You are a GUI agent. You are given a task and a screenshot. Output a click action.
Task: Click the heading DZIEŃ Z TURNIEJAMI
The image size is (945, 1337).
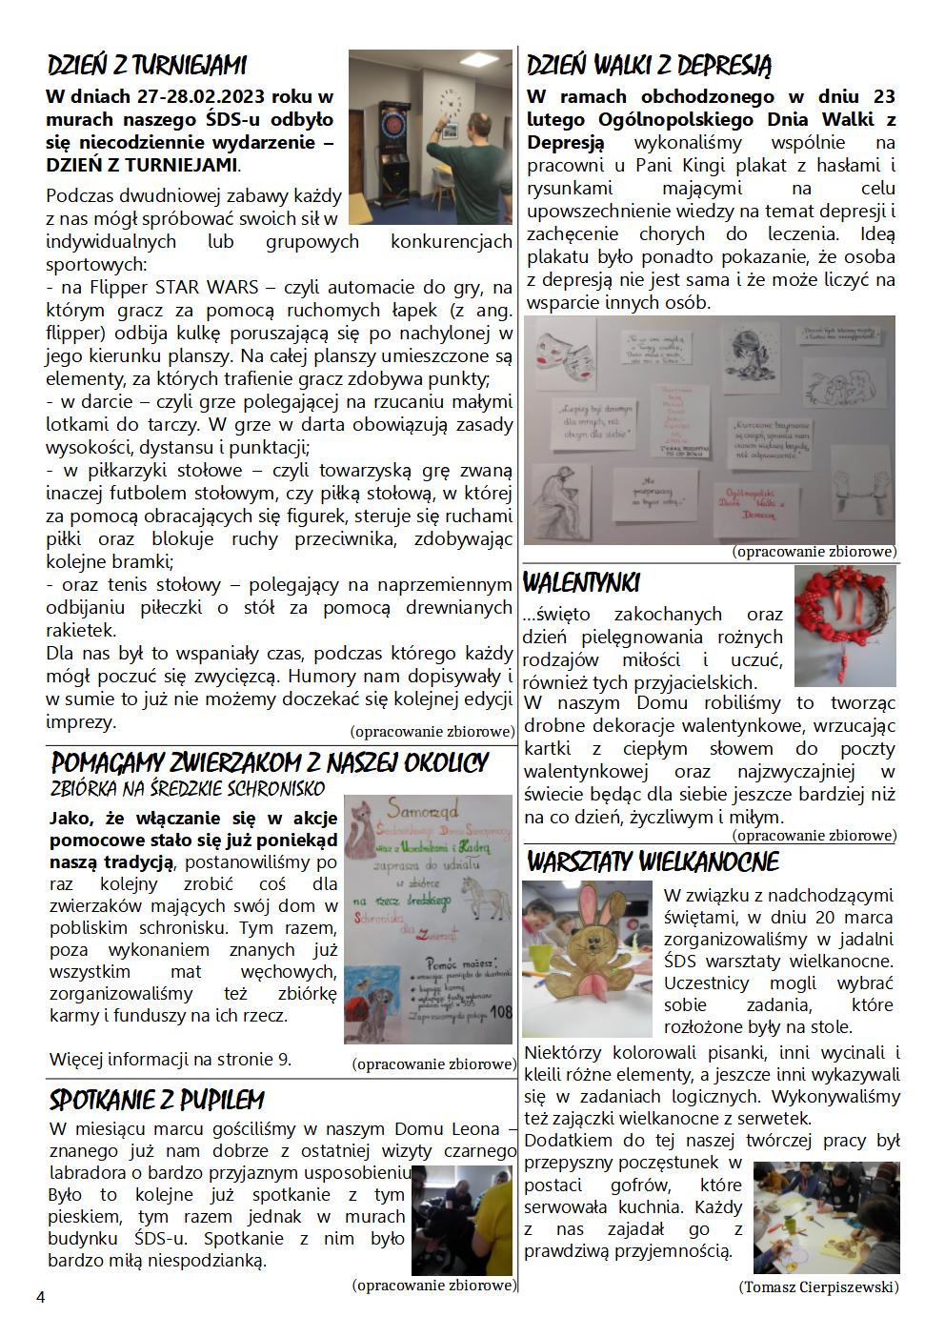[147, 66]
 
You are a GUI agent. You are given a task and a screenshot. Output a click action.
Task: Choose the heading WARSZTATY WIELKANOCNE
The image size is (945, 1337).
[653, 862]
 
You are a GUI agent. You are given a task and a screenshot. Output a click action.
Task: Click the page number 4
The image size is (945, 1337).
[40, 1297]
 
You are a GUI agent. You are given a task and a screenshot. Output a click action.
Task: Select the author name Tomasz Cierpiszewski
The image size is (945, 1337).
[818, 1286]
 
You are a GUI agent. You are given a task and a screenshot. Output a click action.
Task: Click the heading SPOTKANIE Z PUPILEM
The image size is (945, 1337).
[156, 1101]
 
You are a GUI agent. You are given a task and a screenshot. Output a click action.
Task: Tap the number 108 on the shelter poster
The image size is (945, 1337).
[499, 1012]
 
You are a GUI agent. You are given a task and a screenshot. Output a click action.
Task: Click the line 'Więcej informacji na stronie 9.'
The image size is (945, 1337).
[171, 1059]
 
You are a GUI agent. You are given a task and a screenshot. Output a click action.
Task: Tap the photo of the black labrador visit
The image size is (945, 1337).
[461, 1219]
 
